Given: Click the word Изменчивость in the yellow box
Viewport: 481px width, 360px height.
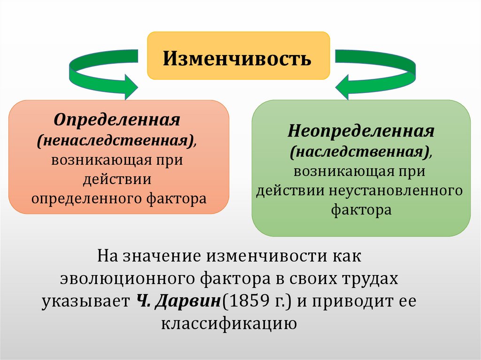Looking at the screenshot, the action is pyautogui.click(x=237, y=59).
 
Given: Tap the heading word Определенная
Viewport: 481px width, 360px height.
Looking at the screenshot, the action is pyautogui.click(x=117, y=119).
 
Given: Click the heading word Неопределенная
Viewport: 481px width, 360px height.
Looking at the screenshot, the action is pyautogui.click(x=361, y=131).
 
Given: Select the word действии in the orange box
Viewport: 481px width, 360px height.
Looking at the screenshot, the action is pyautogui.click(x=117, y=179).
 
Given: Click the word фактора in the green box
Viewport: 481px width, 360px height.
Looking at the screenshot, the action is pyautogui.click(x=361, y=210).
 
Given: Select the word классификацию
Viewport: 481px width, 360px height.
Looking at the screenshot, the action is pyautogui.click(x=229, y=323).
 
